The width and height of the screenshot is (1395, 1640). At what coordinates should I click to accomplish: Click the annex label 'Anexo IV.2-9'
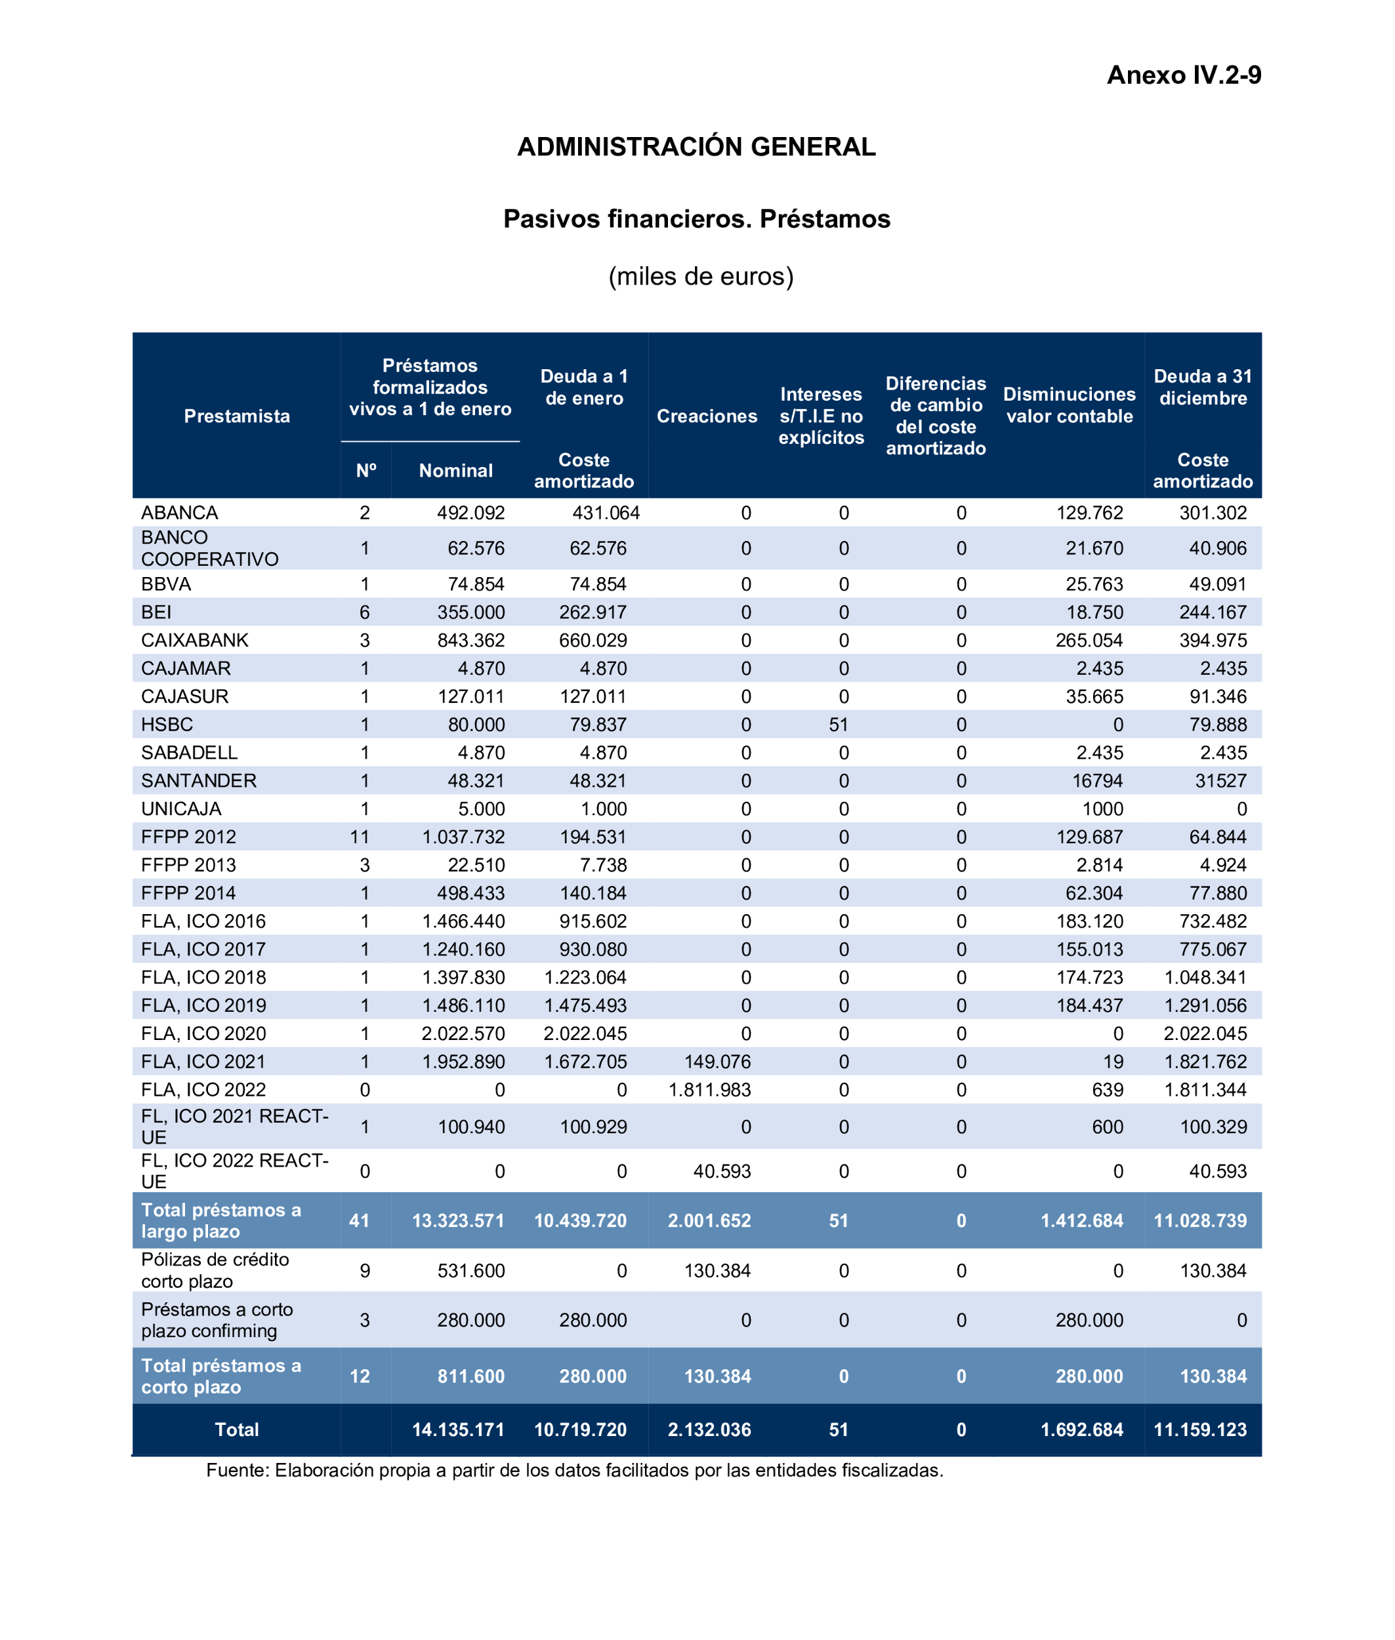[x=1183, y=75]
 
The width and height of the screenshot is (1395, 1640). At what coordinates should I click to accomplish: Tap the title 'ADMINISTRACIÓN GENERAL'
[x=696, y=147]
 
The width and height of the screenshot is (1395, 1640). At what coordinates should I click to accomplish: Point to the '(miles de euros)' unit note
[x=701, y=277]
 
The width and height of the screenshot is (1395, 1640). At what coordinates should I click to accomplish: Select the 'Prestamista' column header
[x=236, y=416]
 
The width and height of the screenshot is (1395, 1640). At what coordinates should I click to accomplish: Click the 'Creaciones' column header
[x=706, y=416]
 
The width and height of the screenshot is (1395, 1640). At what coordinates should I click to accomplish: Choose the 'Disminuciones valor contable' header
[x=1069, y=405]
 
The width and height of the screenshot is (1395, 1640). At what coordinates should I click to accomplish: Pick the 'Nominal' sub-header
[x=455, y=471]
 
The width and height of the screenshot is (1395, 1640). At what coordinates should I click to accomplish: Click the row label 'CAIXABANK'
[x=194, y=640]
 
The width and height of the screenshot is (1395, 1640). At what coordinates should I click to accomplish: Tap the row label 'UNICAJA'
[x=181, y=809]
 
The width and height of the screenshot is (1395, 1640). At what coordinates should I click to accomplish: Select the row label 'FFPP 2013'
[x=188, y=865]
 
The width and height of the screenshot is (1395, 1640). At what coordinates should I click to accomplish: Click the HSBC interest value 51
[x=839, y=725]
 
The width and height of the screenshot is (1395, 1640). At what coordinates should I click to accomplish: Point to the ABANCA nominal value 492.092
[x=470, y=513]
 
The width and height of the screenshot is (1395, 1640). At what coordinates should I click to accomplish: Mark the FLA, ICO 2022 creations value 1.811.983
[x=709, y=1090]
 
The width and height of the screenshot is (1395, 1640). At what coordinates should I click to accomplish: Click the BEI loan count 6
[x=365, y=612]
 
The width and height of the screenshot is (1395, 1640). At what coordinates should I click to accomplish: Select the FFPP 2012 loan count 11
[x=360, y=837]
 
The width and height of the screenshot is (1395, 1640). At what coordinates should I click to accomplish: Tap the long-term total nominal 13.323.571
[x=458, y=1220]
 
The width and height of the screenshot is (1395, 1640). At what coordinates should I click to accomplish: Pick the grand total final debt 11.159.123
[x=1199, y=1430]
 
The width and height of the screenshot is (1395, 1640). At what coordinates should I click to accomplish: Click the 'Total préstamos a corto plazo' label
[x=220, y=1376]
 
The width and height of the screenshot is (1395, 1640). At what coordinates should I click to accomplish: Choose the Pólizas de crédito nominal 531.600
[x=470, y=1271]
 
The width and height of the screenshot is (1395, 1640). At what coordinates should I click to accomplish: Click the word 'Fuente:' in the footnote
[x=238, y=1470]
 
